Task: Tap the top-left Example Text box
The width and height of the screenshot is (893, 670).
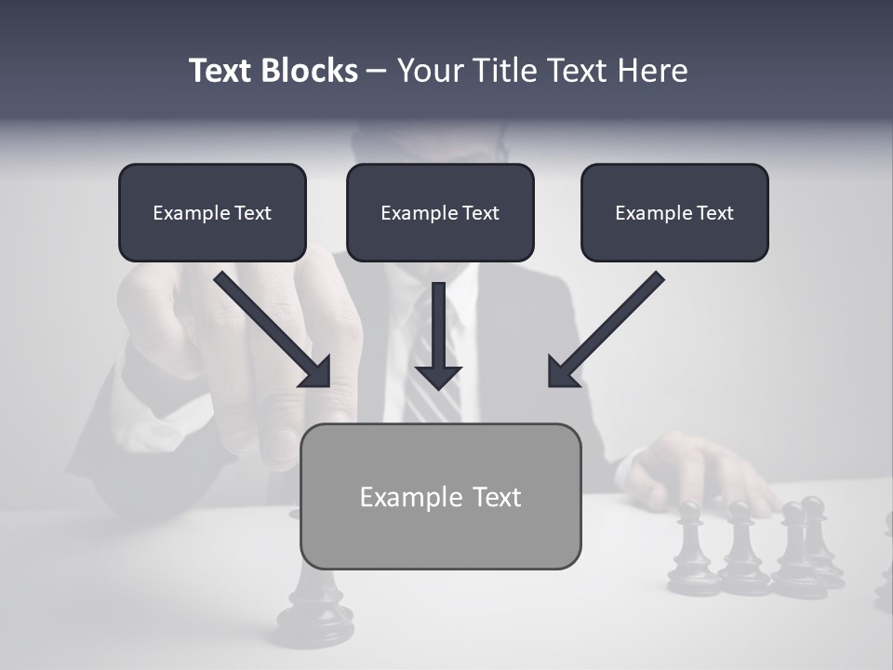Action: [x=212, y=213]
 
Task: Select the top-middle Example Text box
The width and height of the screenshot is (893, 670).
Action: [x=440, y=213]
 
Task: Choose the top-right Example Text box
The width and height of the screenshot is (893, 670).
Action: [x=674, y=213]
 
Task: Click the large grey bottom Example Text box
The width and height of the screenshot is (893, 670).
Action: [x=440, y=496]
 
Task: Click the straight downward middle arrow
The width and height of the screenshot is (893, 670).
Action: [x=438, y=326]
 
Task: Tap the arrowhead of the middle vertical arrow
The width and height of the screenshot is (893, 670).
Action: [x=438, y=377]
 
